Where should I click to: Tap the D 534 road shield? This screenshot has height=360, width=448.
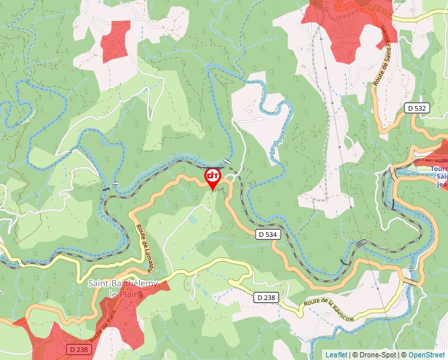tap(267, 234)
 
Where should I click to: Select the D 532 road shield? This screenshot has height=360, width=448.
tap(416, 107)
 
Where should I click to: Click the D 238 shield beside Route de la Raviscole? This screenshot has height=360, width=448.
tap(266, 297)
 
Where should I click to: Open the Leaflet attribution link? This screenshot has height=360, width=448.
tap(336, 355)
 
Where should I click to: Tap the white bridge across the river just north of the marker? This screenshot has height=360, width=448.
tap(227, 161)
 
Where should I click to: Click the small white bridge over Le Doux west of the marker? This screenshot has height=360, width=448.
tap(115, 182)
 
